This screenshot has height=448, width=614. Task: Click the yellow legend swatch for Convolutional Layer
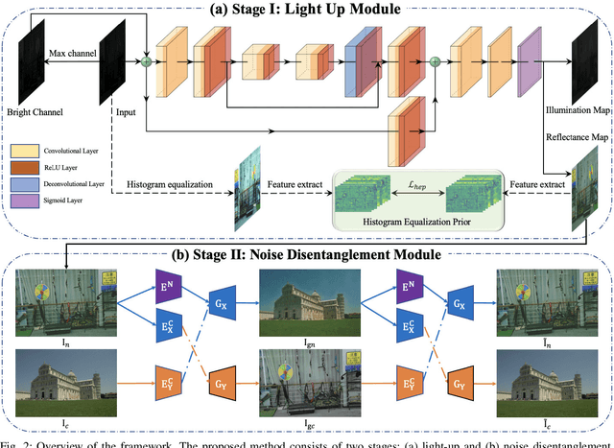coord(24,151)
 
